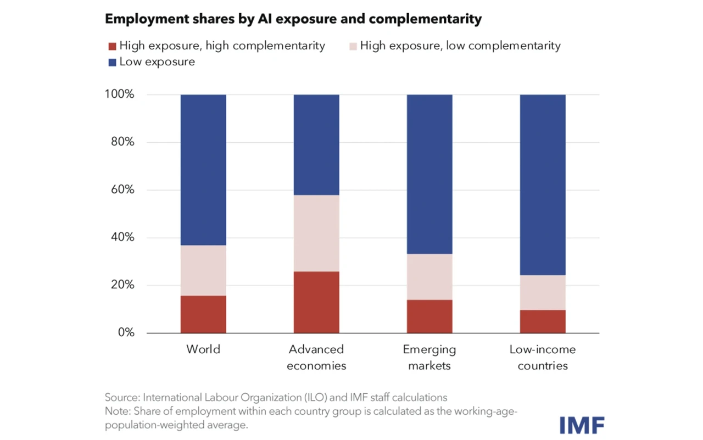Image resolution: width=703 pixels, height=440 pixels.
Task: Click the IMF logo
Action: coord(582,425)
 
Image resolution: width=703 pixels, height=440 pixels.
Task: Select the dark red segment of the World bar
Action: coord(203,314)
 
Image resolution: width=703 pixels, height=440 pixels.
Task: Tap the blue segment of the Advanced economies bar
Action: coord(316,145)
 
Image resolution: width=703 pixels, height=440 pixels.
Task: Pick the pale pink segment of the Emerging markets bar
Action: coord(429,277)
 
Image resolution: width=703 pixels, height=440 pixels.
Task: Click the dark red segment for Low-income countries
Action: coord(543,321)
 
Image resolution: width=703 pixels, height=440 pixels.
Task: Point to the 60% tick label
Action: coord(122,190)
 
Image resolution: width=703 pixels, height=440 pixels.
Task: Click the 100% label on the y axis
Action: coord(119,94)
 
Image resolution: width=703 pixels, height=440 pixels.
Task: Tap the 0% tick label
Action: coord(126,332)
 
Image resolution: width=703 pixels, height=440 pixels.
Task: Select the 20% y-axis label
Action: coord(122,285)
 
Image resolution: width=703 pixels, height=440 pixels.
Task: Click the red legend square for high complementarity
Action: coord(112,47)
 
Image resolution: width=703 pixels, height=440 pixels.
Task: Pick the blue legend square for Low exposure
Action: coord(112,62)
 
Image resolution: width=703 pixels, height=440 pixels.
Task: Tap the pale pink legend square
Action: coord(353,47)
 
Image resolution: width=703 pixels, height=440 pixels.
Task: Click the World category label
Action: coord(203,349)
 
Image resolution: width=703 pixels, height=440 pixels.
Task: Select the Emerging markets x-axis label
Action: coord(429,358)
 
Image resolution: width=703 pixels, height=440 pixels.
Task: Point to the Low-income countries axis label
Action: coord(543,358)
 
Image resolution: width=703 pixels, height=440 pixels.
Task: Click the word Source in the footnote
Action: coord(122,397)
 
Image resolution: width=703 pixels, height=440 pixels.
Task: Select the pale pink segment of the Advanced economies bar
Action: coord(316,233)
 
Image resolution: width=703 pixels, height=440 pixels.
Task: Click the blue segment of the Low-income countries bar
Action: coord(543,185)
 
